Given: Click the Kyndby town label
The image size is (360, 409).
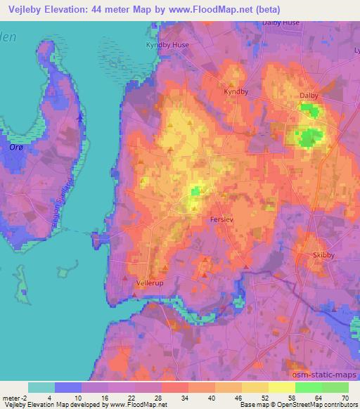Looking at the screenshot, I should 236,91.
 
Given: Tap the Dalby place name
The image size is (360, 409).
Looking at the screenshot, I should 309,96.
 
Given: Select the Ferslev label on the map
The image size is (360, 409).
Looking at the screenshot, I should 224,220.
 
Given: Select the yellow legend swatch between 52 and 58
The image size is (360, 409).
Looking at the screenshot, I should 281,387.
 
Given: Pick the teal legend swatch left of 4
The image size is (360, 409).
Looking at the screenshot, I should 41,387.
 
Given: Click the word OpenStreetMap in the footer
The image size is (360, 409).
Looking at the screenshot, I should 304,405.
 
